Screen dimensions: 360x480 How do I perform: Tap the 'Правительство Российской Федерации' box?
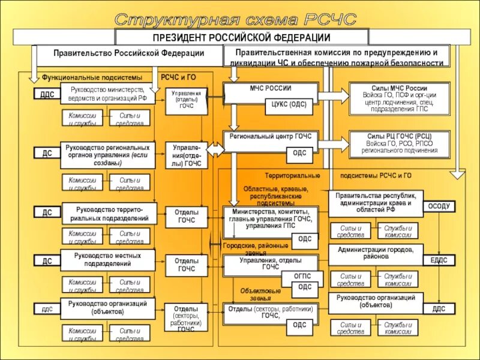click(x=128, y=53)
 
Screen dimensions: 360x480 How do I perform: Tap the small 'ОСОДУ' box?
click(x=438, y=206)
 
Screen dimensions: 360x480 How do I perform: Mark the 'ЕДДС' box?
click(x=439, y=260)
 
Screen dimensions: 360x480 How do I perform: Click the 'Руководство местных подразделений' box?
click(x=108, y=260)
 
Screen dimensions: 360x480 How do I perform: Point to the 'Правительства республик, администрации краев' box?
click(x=376, y=203)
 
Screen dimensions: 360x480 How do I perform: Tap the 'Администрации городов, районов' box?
click(x=376, y=253)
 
